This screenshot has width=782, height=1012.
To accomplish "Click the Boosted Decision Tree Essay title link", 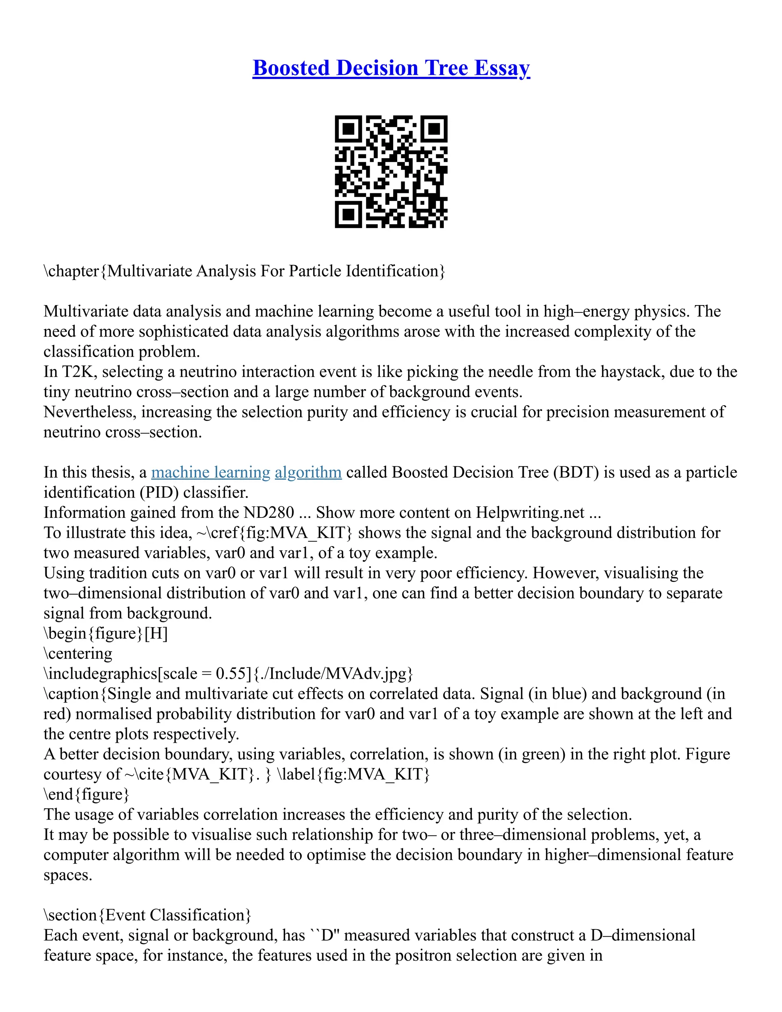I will point(391,68).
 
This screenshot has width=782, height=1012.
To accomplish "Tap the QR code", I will point(391,171).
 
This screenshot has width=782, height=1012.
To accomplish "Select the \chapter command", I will point(71,271).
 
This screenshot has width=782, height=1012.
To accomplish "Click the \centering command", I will point(78,653).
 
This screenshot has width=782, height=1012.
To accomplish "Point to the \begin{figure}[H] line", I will point(106,634).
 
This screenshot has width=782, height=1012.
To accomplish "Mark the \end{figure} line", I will point(86,794).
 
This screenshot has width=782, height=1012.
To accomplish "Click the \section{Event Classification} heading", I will point(147,915).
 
